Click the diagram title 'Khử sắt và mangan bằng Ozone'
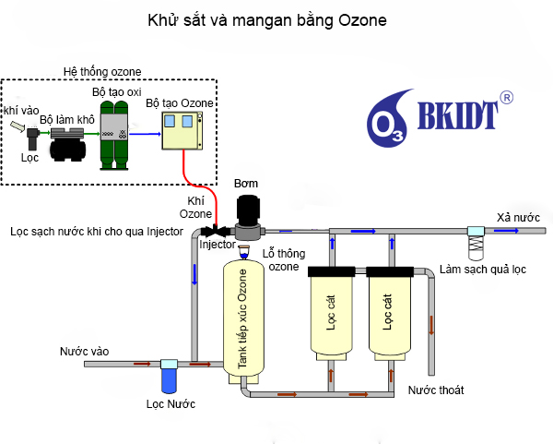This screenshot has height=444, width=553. [267, 20]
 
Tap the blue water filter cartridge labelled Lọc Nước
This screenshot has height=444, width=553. [169, 380]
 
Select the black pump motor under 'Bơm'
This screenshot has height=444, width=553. [248, 209]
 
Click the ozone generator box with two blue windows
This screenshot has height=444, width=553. [182, 131]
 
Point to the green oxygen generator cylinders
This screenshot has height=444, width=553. [114, 135]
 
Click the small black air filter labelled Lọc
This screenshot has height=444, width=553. [33, 138]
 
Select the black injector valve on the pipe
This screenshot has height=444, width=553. [216, 232]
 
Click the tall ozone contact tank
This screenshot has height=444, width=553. [243, 321]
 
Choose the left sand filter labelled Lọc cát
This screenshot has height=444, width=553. [331, 313]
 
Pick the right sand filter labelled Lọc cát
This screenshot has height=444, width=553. [390, 313]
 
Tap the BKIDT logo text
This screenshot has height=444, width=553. [458, 115]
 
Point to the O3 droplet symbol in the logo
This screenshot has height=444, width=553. [388, 119]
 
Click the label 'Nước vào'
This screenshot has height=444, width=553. [84, 351]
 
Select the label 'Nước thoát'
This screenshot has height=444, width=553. [436, 390]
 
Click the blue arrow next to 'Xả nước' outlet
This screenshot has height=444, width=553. [506, 231]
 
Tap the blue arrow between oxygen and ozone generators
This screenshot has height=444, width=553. [145, 134]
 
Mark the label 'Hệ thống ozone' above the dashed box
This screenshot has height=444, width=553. [102, 72]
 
